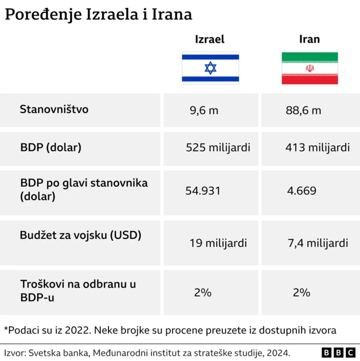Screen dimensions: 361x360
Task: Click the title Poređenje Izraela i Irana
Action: click(x=98, y=15)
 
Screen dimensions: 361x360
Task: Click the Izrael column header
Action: click(x=210, y=39)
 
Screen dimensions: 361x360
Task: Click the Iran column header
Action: click(x=309, y=39)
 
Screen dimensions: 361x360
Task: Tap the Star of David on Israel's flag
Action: click(x=210, y=68)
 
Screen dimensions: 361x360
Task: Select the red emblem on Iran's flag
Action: click(x=309, y=68)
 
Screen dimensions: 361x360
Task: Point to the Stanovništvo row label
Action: click(x=54, y=109)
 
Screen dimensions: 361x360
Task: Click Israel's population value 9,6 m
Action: click(x=204, y=110)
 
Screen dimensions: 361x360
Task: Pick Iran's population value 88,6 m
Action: click(x=303, y=110)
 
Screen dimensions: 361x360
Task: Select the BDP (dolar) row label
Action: click(x=51, y=148)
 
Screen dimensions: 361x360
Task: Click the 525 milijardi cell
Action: click(x=218, y=148)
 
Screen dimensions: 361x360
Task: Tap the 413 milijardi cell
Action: click(x=317, y=148)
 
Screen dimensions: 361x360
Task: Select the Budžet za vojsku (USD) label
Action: click(x=80, y=235)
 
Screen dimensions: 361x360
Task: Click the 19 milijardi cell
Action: click(x=218, y=243)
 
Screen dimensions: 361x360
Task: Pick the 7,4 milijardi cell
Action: click(x=317, y=243)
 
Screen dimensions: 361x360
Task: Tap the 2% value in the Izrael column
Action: click(x=202, y=292)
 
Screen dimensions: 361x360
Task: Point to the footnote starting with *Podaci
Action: click(x=170, y=330)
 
